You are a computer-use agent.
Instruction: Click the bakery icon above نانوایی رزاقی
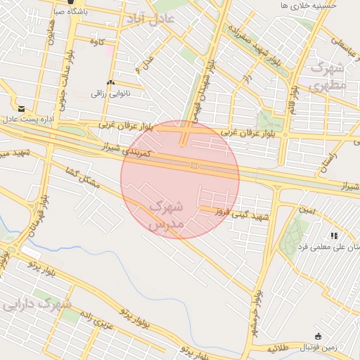tap(110, 83)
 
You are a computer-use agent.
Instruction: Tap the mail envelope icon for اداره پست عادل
tap(22, 108)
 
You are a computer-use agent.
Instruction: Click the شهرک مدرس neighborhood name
tap(166, 216)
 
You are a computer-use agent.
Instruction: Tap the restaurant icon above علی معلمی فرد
tap(333, 235)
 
